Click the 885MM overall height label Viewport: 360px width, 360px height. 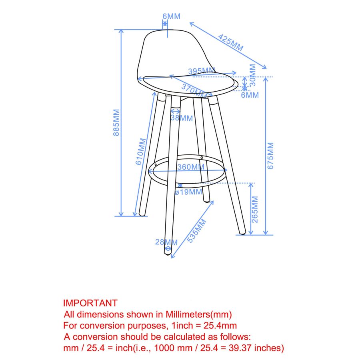pyautogui.click(x=116, y=122)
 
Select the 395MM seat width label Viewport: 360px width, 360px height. pyautogui.click(x=201, y=70)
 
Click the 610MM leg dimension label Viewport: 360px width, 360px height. pyautogui.click(x=140, y=152)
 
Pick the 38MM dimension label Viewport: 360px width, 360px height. pyautogui.click(x=182, y=118)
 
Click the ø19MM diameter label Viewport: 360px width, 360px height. pyautogui.click(x=188, y=192)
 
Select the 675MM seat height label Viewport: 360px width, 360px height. pyautogui.click(x=270, y=156)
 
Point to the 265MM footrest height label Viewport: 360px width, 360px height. pyautogui.click(x=256, y=210)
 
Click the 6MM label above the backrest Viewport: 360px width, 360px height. pyautogui.click(x=171, y=16)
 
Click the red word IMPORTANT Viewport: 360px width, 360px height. pyautogui.click(x=90, y=303)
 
